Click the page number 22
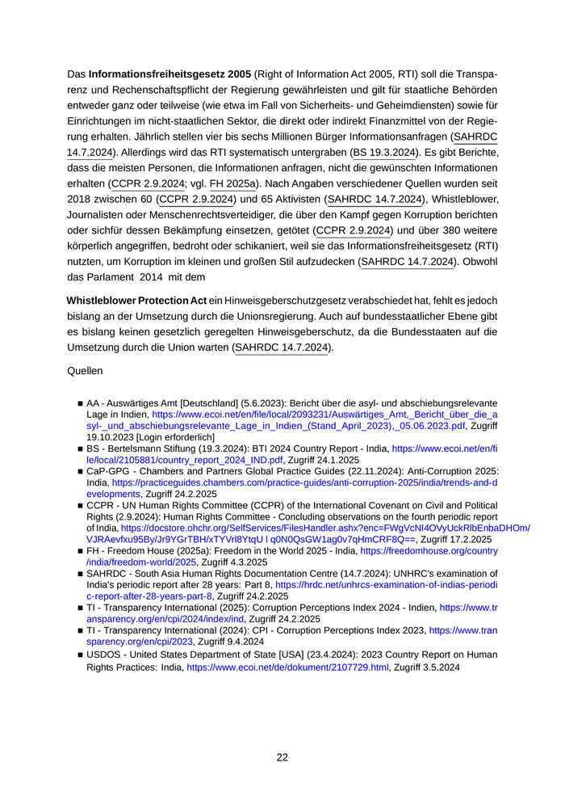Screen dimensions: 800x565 click(x=282, y=757)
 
